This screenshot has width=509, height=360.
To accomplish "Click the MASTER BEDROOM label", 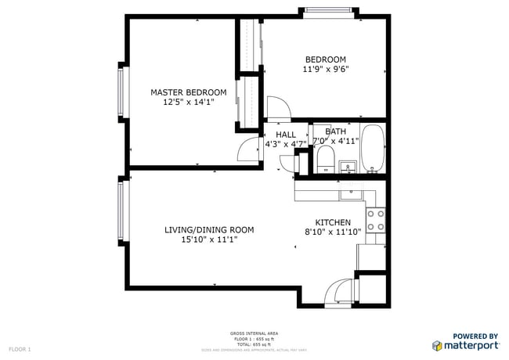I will (x=188, y=92).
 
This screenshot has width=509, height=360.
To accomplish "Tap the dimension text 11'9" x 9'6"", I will (x=325, y=69).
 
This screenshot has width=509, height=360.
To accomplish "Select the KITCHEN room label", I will (x=333, y=222).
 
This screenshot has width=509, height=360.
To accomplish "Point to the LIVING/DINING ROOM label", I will (x=208, y=229).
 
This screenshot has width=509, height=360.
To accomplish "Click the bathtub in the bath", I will (x=373, y=148).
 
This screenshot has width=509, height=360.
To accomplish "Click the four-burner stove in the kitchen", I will (x=376, y=220).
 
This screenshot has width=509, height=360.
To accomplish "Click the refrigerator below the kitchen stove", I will (x=371, y=257).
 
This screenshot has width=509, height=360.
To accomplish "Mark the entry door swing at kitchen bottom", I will (x=340, y=292).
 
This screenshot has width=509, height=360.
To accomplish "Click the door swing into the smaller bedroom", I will (x=277, y=108).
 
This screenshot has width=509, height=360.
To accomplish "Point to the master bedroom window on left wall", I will (x=121, y=91).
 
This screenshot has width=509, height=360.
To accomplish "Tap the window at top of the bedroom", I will (x=329, y=12).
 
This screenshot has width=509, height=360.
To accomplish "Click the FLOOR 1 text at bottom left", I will (x=19, y=348).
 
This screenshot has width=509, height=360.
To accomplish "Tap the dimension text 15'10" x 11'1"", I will (x=208, y=240).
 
